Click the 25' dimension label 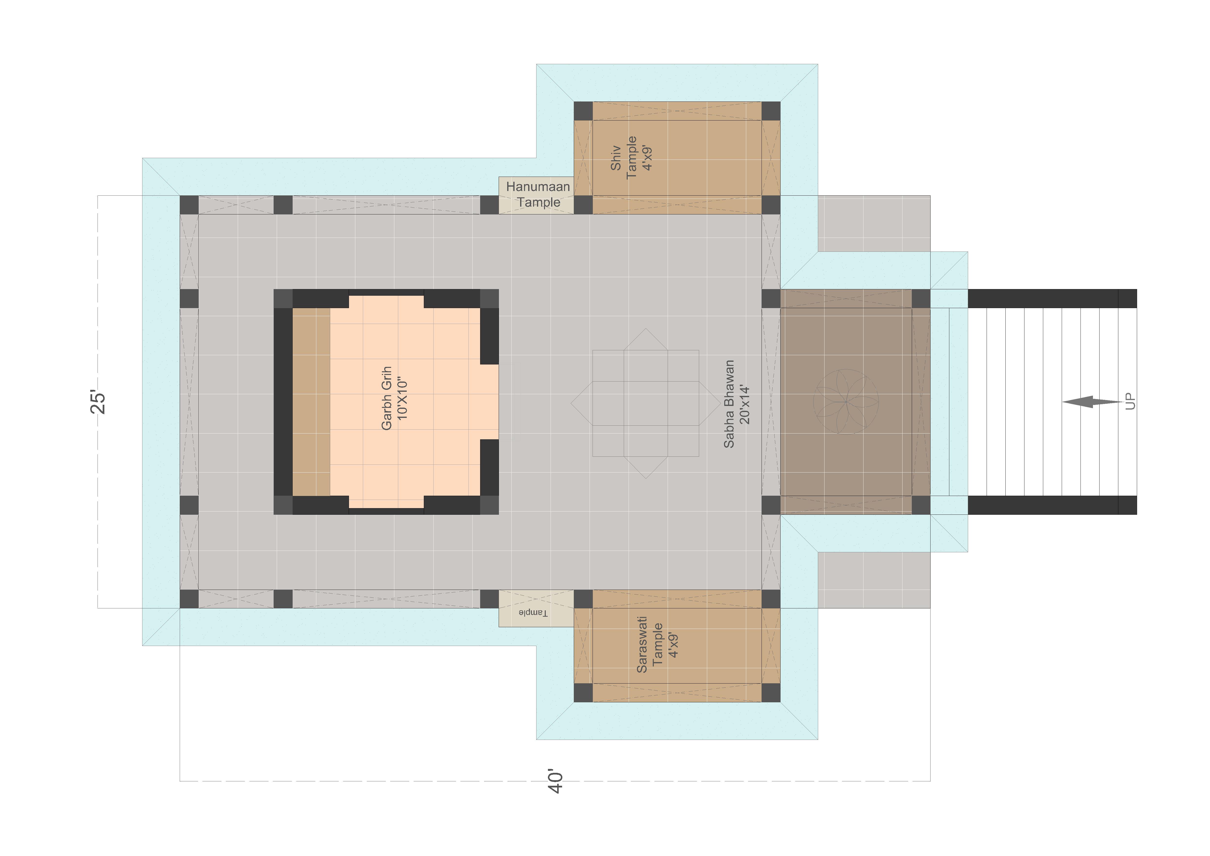pyautogui.click(x=98, y=402)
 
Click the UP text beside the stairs pyautogui.click(x=1130, y=402)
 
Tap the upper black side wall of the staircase pyautogui.click(x=1052, y=298)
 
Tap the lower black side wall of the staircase pyautogui.click(x=1052, y=505)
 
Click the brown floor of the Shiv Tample pyautogui.click(x=677, y=158)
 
